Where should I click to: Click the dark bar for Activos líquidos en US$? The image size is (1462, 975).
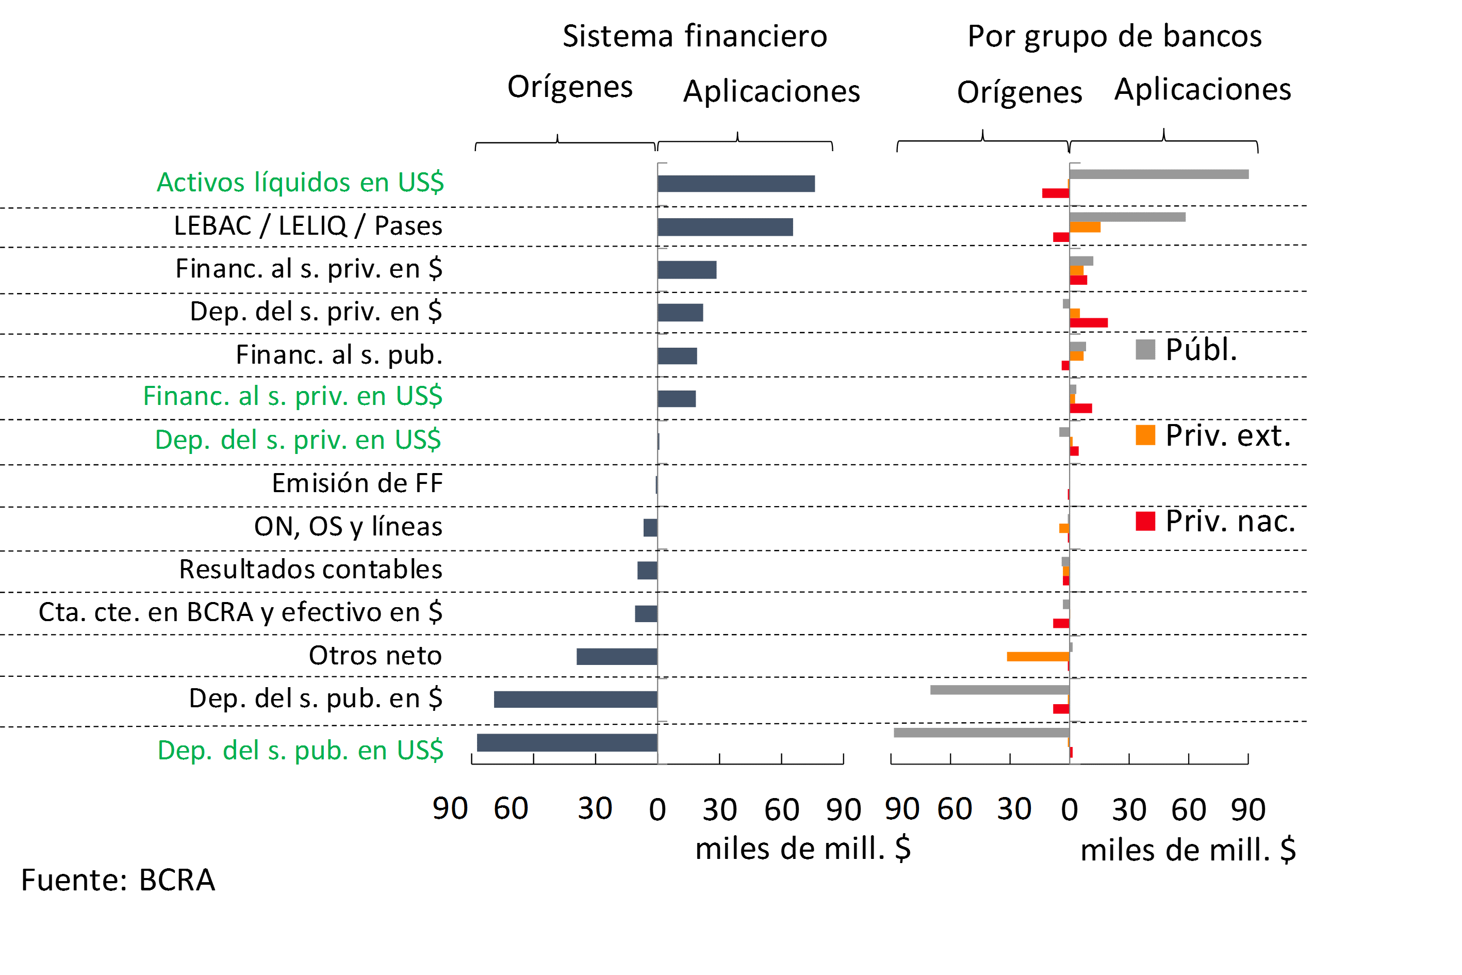(x=736, y=184)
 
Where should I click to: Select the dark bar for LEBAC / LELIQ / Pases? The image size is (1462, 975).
(x=725, y=227)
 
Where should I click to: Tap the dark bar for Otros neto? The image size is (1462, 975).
(x=617, y=656)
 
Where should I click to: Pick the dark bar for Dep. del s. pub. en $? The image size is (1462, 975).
(x=576, y=699)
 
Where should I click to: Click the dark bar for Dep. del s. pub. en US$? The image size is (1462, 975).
(x=567, y=742)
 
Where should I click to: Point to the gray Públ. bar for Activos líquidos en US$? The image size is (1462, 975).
(x=1159, y=174)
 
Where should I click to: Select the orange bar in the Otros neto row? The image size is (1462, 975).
(x=1038, y=656)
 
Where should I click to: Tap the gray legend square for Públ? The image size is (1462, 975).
(x=1145, y=349)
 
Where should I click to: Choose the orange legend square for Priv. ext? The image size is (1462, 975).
(x=1145, y=435)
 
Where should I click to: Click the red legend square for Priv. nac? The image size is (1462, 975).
(x=1145, y=521)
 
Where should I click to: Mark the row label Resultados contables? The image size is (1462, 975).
(x=311, y=569)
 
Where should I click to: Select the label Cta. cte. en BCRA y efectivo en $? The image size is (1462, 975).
(x=240, y=612)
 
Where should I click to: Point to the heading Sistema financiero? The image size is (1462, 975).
(x=695, y=36)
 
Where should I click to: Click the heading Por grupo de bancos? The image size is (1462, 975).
(x=1114, y=36)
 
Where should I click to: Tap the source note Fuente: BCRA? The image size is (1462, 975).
(x=118, y=880)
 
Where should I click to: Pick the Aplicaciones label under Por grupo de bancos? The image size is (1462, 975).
(x=1202, y=89)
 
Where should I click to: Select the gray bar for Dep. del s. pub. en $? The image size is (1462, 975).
(x=999, y=690)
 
